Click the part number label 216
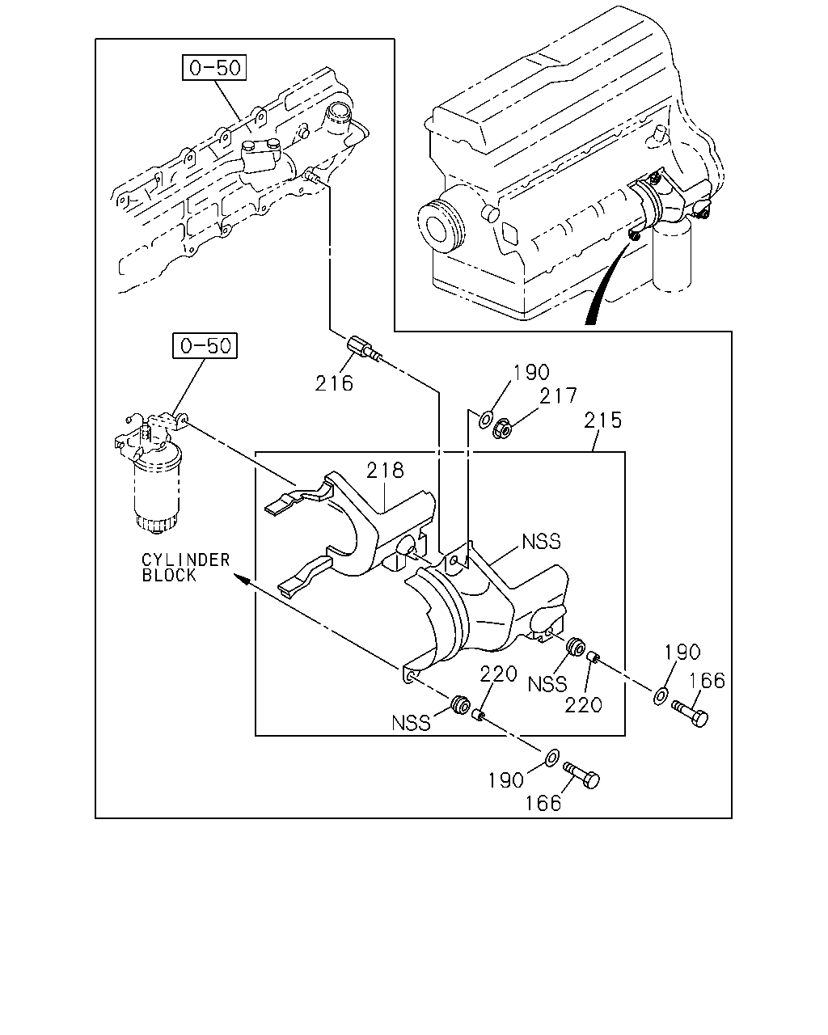pyautogui.click(x=334, y=383)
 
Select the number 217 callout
pyautogui.click(x=558, y=396)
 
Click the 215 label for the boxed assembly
pyautogui.click(x=603, y=420)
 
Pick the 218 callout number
pyautogui.click(x=385, y=470)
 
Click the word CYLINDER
pyautogui.click(x=186, y=560)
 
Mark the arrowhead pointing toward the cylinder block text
pyautogui.click(x=242, y=579)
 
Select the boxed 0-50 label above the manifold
pyautogui.click(x=214, y=67)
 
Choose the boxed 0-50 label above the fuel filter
pyautogui.click(x=205, y=345)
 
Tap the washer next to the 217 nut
pyautogui.click(x=485, y=419)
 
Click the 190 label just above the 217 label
pyautogui.click(x=531, y=372)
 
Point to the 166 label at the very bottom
pyautogui.click(x=543, y=803)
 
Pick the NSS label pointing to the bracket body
pyautogui.click(x=541, y=542)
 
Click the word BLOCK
pyautogui.click(x=169, y=575)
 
